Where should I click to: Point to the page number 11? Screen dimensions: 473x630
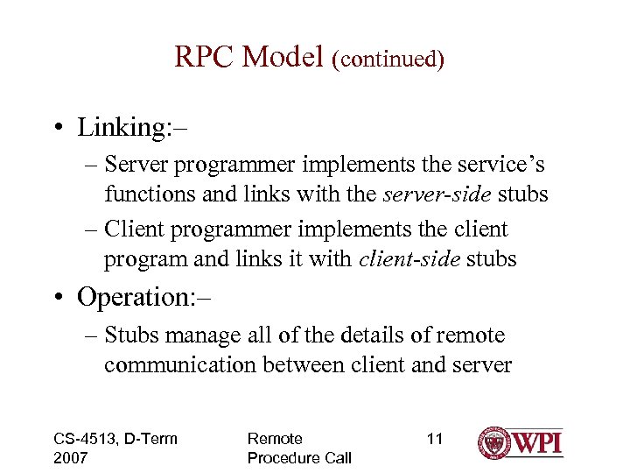[434, 439]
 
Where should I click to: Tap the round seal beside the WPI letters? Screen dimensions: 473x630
[495, 443]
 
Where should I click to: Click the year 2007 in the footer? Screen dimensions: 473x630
[72, 458]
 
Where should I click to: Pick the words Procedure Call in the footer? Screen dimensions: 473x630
[299, 458]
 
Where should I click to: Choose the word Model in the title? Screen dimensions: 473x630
[283, 57]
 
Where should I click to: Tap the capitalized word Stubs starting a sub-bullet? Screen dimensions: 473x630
[132, 335]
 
